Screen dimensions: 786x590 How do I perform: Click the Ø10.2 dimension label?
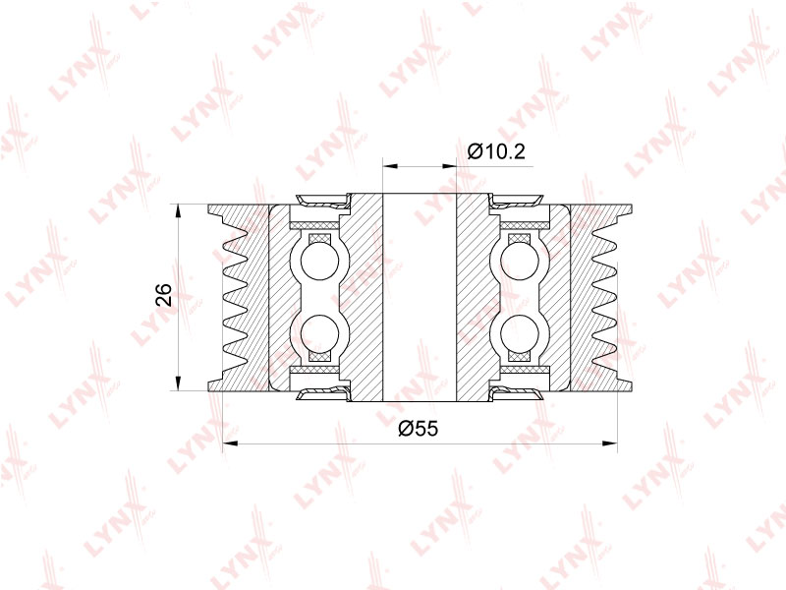(496, 150)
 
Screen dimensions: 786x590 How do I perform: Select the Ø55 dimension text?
(419, 429)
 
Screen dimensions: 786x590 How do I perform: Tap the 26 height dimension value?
(164, 295)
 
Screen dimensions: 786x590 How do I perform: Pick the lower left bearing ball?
(320, 334)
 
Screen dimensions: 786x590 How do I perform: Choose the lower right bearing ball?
(520, 334)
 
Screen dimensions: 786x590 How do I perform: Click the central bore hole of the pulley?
(420, 297)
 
